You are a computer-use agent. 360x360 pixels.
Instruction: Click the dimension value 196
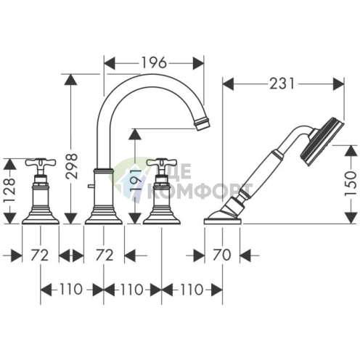point(154,63)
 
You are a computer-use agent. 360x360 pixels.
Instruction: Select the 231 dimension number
point(282,83)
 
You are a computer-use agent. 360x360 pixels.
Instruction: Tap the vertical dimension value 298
point(72,166)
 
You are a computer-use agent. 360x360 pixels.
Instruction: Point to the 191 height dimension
point(135,181)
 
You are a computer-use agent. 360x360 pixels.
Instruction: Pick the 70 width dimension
point(221,255)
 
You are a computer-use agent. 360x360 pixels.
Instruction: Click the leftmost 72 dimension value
point(40,255)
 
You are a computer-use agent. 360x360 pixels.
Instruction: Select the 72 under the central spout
point(105,255)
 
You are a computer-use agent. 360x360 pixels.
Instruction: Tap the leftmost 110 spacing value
point(71,290)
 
